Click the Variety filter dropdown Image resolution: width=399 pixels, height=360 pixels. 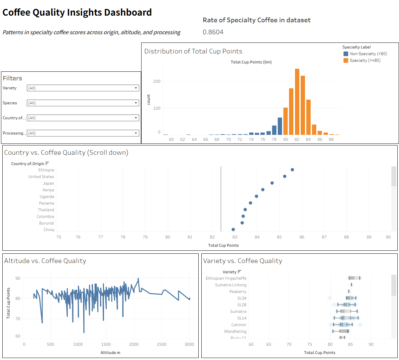tap(83, 88)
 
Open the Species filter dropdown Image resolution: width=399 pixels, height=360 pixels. tap(83, 103)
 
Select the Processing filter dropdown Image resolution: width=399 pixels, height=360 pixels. tap(83, 133)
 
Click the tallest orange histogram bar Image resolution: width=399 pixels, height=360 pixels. tap(297, 102)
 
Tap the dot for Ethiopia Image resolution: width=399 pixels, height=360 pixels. tap(292, 170)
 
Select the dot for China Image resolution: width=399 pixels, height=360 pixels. tap(233, 229)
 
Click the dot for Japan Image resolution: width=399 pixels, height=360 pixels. tap(272, 183)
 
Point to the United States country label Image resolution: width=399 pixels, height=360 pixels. tap(41, 177)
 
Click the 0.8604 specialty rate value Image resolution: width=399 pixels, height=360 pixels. tap(213, 32)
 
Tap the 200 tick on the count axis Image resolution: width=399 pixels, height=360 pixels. tap(157, 81)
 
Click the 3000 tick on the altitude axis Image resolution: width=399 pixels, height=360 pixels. tap(189, 344)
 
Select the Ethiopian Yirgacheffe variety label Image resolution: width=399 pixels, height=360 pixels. tap(226, 278)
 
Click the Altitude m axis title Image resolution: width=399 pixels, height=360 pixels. tap(110, 353)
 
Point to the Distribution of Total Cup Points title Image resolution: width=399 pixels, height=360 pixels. tap(193, 51)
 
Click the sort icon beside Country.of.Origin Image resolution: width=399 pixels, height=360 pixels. tap(47, 163)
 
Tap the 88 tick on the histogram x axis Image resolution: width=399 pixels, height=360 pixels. tap(331, 139)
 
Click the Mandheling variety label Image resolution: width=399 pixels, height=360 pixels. tap(235, 331)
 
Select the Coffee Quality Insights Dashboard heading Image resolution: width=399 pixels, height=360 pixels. tap(77, 12)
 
